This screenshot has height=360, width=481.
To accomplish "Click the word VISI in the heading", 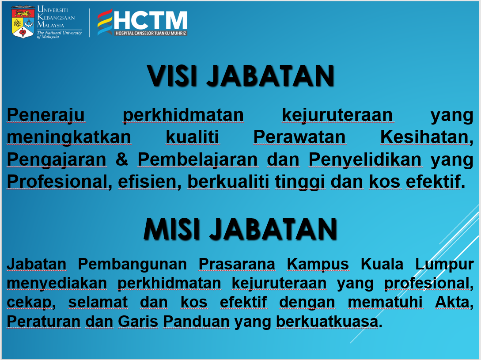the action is point(172,76).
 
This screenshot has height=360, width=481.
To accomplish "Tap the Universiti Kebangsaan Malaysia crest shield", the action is point(23,23).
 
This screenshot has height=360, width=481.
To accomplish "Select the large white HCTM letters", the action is point(150,20).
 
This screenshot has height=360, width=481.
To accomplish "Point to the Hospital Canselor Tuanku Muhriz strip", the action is point(151,33).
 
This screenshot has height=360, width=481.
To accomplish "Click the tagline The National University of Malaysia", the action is point(59,35).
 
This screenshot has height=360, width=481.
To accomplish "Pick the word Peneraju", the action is point(45,115).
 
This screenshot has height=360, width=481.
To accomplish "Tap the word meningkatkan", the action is point(69,137).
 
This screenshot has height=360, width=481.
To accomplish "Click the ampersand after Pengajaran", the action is point(122,159).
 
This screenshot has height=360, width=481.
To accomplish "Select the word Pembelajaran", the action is point(197,160).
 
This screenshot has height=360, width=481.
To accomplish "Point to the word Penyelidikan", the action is point(365,160).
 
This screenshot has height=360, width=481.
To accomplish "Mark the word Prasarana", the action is point(237,264).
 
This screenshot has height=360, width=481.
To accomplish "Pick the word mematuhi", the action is point(385,302).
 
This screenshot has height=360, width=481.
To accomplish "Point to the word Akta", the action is point(454,302).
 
